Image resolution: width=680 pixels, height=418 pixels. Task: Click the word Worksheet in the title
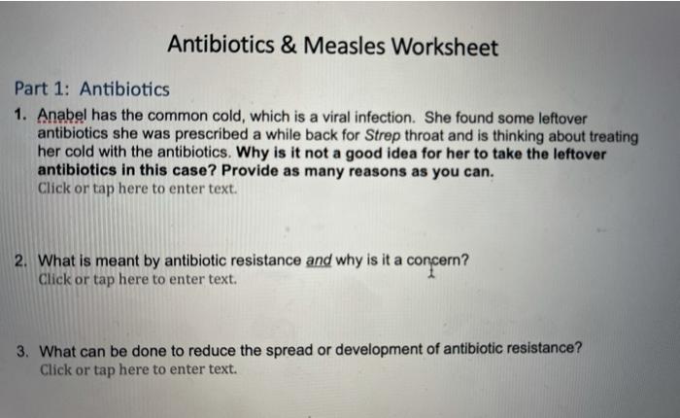[x=446, y=46]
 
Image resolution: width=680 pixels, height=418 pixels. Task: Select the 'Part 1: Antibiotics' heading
[x=91, y=89]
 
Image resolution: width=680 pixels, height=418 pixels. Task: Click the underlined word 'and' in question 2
[x=319, y=261]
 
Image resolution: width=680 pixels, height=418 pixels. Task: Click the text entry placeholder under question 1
[x=136, y=189]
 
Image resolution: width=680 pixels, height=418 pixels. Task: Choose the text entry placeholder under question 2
[x=136, y=279]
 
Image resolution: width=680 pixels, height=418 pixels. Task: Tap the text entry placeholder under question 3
[x=137, y=368]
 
